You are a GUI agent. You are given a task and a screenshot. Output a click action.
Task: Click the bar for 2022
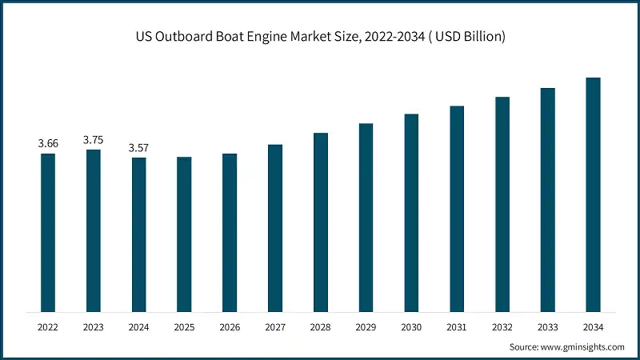(x=48, y=232)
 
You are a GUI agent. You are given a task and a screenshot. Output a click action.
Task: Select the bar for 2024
(x=138, y=234)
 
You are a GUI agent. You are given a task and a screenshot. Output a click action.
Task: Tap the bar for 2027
(x=274, y=228)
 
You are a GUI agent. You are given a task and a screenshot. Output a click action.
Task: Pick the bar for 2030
(x=411, y=213)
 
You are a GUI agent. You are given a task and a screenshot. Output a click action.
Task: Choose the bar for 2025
(x=184, y=234)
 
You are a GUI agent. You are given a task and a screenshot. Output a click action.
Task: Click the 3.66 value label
(x=48, y=143)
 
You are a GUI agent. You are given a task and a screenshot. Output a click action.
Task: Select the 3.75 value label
(x=94, y=139)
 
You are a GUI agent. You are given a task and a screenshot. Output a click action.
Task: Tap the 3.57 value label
(x=138, y=147)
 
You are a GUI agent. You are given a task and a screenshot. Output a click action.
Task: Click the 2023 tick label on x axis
(x=94, y=327)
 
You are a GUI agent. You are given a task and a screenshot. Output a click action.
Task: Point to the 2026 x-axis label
(x=230, y=327)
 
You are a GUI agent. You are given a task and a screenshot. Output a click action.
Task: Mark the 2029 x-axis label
(x=366, y=327)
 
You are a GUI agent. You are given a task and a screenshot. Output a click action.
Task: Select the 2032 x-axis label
(x=502, y=327)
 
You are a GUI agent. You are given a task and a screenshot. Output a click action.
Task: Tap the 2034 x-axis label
(x=593, y=327)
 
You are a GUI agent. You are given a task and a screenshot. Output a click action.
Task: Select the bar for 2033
(x=547, y=199)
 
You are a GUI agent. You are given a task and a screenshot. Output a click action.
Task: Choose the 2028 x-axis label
(x=320, y=327)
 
